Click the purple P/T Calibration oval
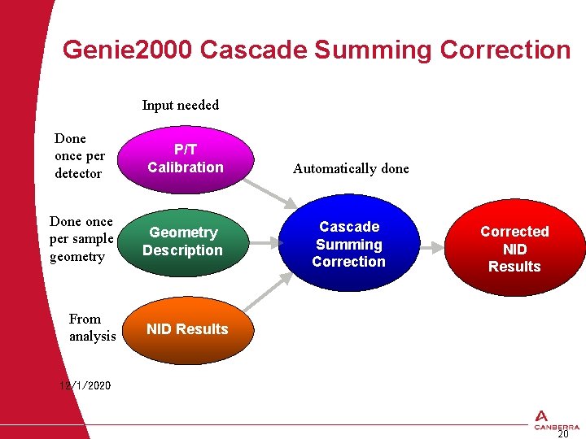(x=186, y=159)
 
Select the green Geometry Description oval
(x=182, y=241)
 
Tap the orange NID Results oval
(x=187, y=329)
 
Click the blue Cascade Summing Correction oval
(x=349, y=244)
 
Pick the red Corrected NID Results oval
(x=514, y=249)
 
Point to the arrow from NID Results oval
(x=266, y=299)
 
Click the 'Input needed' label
(x=180, y=105)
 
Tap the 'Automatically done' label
(x=351, y=169)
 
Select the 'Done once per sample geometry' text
(x=81, y=239)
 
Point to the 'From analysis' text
(x=92, y=328)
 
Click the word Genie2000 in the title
(x=127, y=50)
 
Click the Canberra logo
(x=557, y=418)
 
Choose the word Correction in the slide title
(x=505, y=50)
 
